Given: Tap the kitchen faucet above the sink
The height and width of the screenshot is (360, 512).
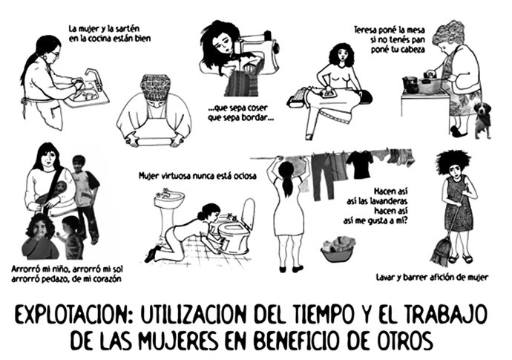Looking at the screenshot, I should click(93, 76).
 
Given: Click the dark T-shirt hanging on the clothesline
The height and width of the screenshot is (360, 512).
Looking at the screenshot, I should click(359, 164).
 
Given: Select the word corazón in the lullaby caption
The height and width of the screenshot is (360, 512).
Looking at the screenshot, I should click(101, 278).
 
